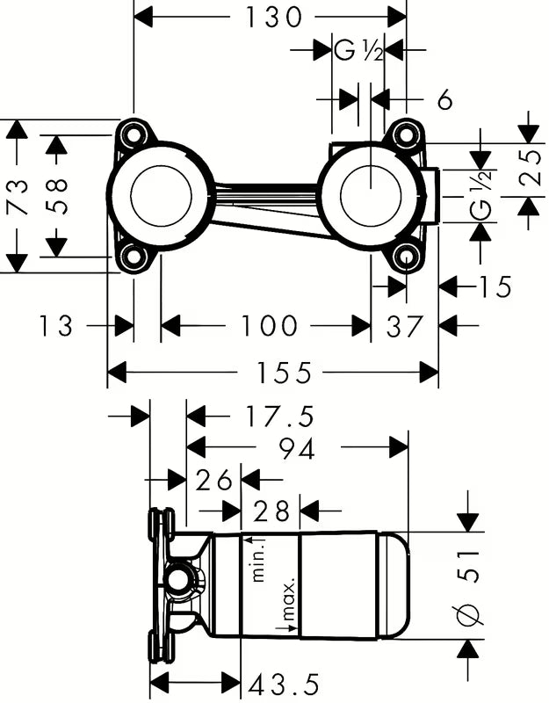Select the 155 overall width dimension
(x=286, y=373)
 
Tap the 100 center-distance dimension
(x=269, y=326)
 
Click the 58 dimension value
(x=56, y=195)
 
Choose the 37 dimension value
(x=405, y=326)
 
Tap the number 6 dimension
(x=444, y=100)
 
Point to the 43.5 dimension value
(x=284, y=683)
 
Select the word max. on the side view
(x=288, y=600)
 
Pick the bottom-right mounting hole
(x=405, y=257)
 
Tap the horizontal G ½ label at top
(x=359, y=51)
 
